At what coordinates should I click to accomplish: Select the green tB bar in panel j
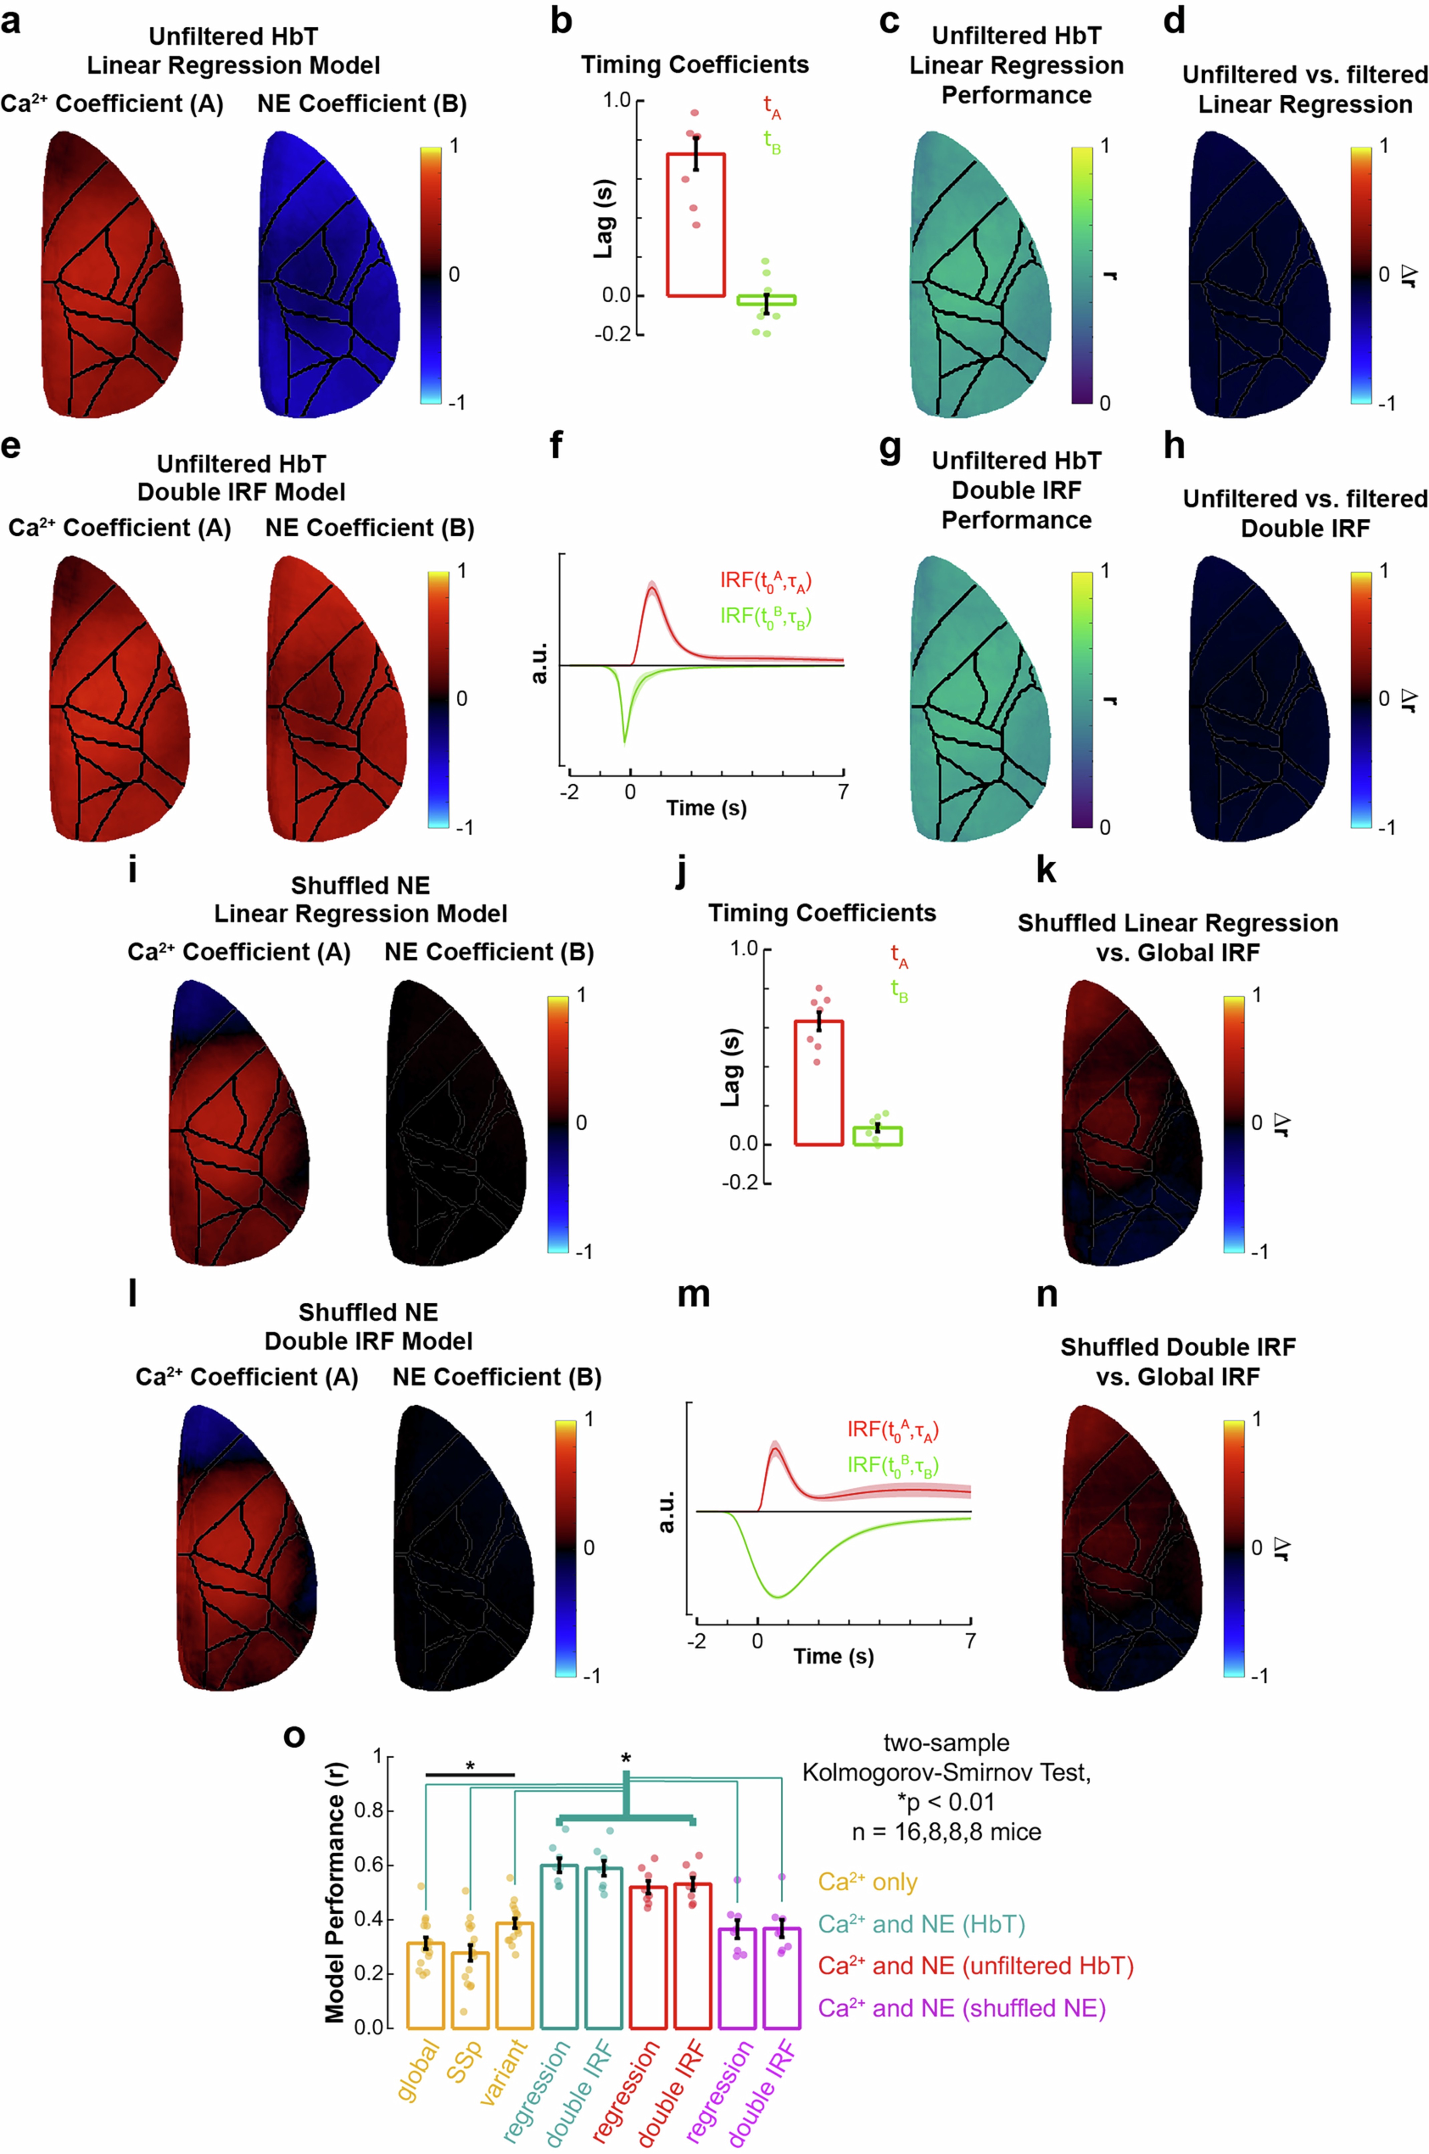[x=877, y=1136]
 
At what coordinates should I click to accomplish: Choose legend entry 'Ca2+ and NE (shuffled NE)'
[x=962, y=2008]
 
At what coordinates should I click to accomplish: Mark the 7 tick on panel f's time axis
[x=843, y=791]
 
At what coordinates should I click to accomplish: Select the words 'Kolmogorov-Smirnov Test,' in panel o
[x=946, y=1773]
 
